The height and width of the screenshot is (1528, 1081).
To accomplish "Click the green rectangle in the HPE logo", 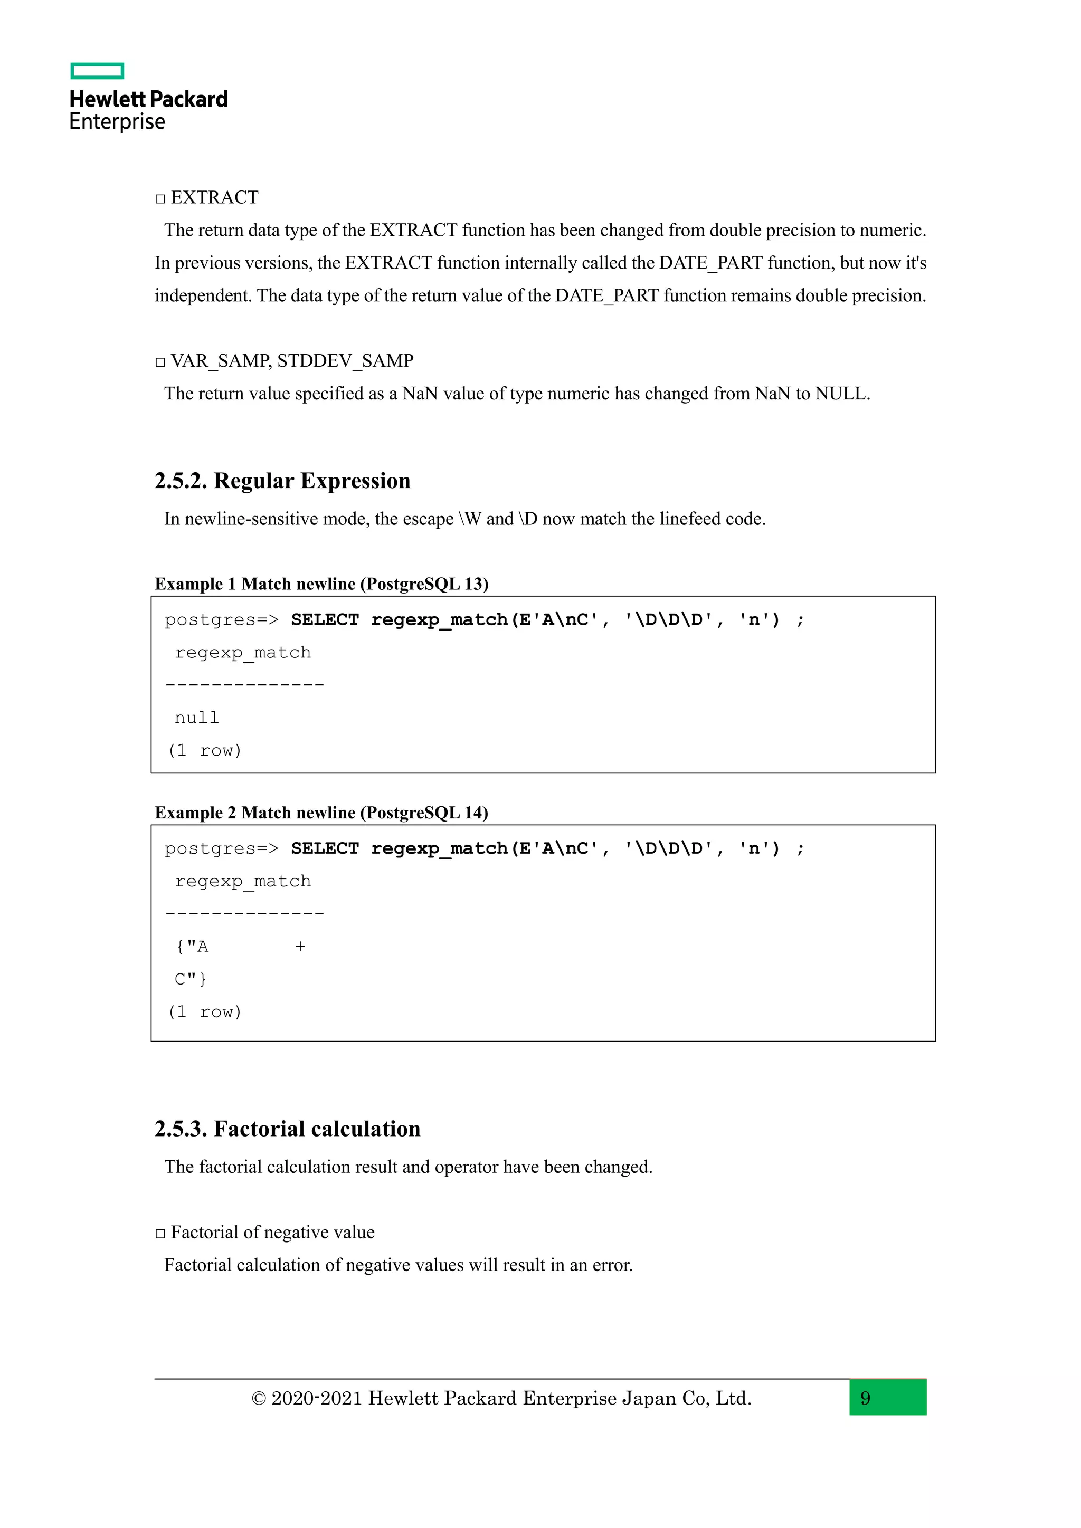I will pos(97,71).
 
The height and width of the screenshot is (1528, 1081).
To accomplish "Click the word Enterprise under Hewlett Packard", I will pos(117,122).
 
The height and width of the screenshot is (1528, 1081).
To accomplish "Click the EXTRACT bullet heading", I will pos(214,198).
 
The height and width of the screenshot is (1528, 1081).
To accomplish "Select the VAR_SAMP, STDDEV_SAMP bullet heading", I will pos(291,361).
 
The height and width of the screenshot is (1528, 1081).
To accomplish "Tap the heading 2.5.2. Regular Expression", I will pos(282,481).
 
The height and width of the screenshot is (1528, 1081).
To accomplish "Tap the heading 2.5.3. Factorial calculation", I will pos(287,1129).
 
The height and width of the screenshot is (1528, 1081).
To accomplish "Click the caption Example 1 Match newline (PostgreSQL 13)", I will pos(321,584).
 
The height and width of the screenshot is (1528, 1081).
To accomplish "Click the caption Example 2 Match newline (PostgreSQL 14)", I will pos(321,813).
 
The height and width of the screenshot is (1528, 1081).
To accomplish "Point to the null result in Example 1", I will pos(196,718).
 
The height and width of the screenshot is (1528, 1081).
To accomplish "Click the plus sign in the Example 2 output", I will pos(300,947).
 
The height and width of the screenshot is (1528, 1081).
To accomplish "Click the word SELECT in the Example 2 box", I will pos(324,848).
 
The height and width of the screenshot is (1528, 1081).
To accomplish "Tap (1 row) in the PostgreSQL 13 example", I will pos(204,751).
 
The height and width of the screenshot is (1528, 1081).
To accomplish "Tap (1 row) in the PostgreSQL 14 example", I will pos(204,1012).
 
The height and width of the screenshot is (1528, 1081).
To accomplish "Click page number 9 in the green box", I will pos(865,1398).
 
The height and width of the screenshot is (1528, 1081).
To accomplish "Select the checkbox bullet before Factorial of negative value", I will pos(160,1233).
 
